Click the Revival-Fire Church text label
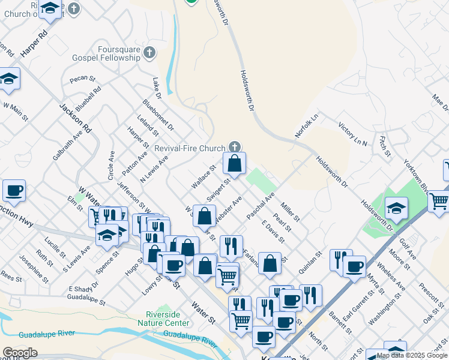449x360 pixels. point(190,148)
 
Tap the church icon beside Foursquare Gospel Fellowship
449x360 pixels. point(149,55)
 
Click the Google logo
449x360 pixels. point(20,353)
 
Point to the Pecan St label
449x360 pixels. point(83,78)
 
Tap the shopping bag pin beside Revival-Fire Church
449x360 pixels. point(235,163)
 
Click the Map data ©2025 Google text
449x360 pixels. point(411,355)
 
